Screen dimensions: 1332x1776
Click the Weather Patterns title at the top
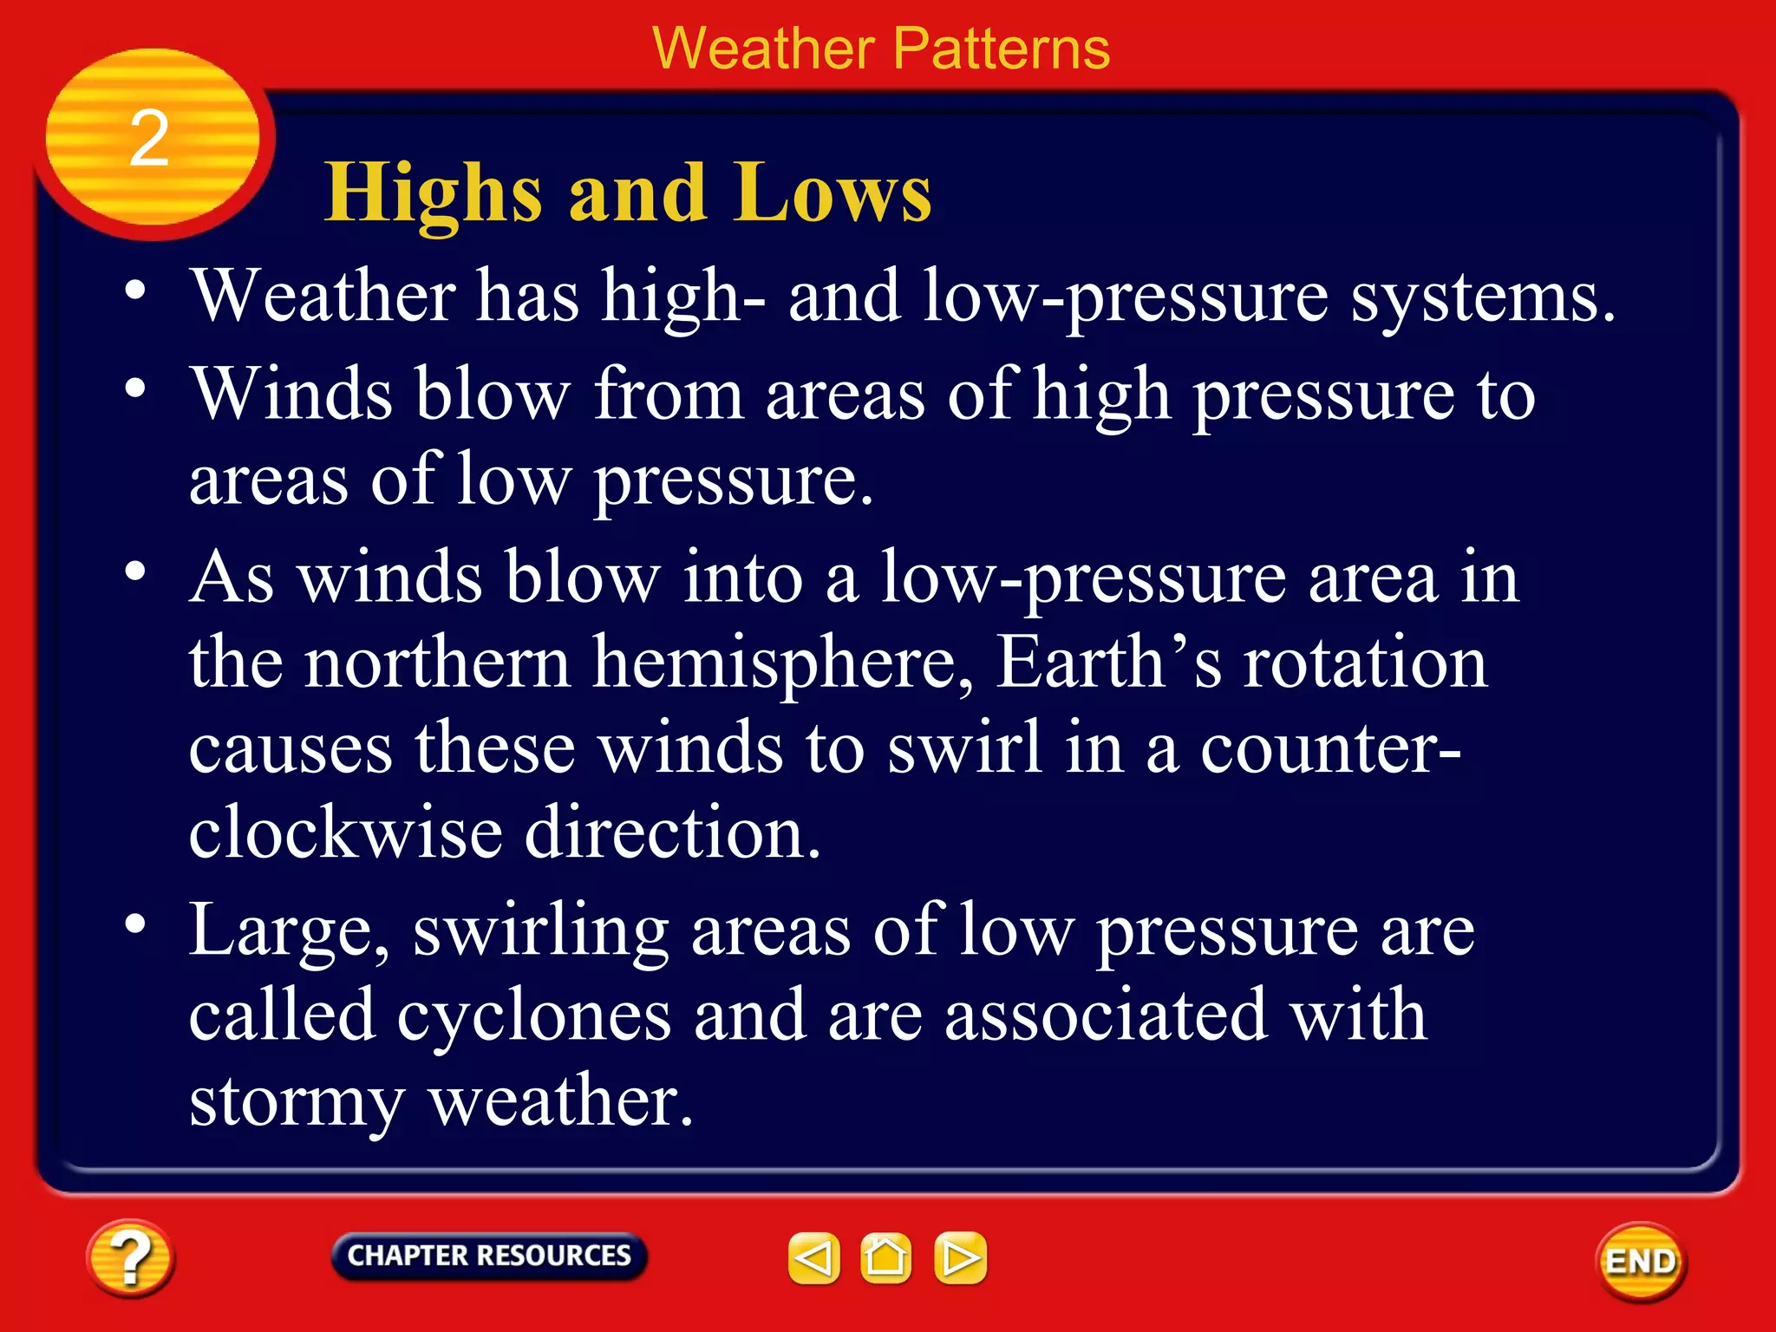880,49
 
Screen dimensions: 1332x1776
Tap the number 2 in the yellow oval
149,139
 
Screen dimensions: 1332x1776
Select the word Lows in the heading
832,193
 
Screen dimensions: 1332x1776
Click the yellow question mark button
130,1258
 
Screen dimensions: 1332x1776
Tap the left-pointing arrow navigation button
813,1257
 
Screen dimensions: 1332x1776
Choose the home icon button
885,1257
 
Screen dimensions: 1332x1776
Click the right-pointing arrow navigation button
960,1257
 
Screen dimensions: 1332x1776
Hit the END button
1641,1262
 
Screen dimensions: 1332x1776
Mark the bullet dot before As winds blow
134,571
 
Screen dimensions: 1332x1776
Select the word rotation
1365,663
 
